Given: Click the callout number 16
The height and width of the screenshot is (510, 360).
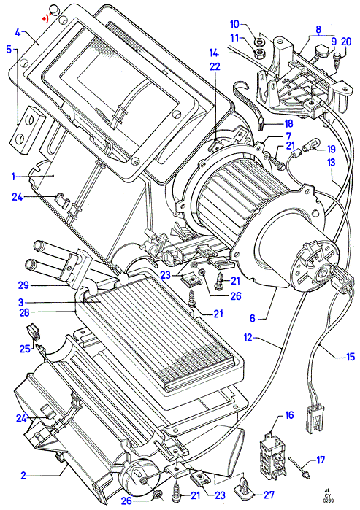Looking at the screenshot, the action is [x=289, y=415].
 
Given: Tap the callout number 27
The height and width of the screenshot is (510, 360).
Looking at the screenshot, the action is [x=269, y=495].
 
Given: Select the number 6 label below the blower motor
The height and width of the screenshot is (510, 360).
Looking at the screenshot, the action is [x=253, y=318].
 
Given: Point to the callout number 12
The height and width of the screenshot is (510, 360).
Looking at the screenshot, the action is [x=248, y=338].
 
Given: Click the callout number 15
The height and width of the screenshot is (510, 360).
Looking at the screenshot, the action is [x=350, y=357].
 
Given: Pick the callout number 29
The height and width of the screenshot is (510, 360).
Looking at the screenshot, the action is [x=23, y=285].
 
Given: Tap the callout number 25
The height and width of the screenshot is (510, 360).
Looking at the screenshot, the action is [x=25, y=348].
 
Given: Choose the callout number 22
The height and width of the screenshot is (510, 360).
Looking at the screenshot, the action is [x=215, y=66].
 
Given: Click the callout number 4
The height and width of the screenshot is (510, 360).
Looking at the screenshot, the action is [x=18, y=33].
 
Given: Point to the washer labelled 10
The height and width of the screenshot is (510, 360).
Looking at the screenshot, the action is [x=259, y=42].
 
